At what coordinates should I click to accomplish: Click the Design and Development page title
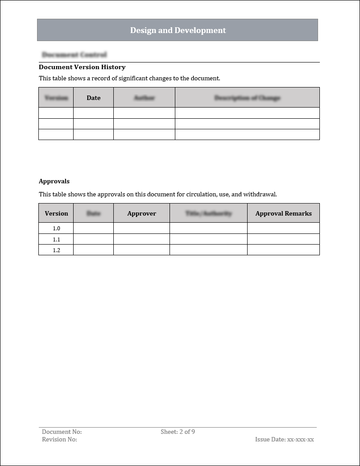point(178,30)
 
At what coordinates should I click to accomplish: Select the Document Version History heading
point(82,67)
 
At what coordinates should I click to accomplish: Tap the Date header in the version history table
point(94,98)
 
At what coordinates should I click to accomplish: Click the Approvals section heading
point(54,181)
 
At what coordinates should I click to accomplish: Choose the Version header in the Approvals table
point(56,213)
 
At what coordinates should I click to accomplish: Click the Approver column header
point(141,213)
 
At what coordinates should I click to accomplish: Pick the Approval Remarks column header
point(283,213)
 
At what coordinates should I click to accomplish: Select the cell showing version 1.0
point(56,229)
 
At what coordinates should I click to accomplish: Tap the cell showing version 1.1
point(56,239)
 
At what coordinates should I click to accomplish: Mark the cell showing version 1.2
point(56,250)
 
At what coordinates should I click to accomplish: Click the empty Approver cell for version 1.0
point(141,229)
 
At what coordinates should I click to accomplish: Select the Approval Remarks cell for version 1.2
point(283,250)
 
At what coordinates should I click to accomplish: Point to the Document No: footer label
point(62,432)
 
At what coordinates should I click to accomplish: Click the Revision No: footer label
point(59,439)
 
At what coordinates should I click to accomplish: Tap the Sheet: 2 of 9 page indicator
point(178,432)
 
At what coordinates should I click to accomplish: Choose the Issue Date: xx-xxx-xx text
point(284,439)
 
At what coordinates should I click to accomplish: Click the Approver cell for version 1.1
point(141,239)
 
